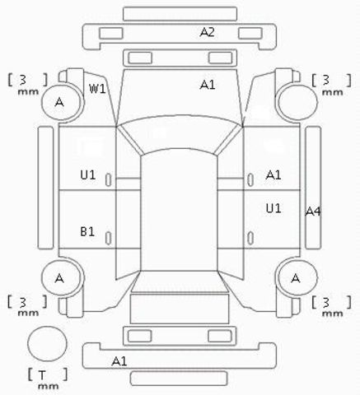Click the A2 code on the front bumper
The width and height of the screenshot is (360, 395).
coord(207,32)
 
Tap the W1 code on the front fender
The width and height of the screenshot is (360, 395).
coord(97,89)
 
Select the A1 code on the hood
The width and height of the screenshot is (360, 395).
coord(208,85)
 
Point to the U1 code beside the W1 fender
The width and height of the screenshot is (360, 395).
coord(88,174)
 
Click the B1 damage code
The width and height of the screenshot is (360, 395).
coord(87,232)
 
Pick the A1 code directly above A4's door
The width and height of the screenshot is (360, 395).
coord(274,174)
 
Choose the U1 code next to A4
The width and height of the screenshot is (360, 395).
coord(274,209)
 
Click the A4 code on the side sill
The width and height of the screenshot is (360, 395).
coord(313,211)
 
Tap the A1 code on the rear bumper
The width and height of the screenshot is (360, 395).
coord(119,361)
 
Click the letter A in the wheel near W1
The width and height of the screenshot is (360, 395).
coord(59,102)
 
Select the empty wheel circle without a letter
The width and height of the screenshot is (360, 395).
coord(297,102)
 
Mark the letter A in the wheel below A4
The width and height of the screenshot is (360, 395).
coord(296,278)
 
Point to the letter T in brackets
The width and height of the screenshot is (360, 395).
coord(42,375)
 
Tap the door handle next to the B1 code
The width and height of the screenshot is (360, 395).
coord(109,238)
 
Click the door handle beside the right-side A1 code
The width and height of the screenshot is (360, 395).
coord(250,180)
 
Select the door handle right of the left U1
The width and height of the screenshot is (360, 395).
coord(109,180)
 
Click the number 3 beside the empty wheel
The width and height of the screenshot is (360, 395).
coord(325,80)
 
